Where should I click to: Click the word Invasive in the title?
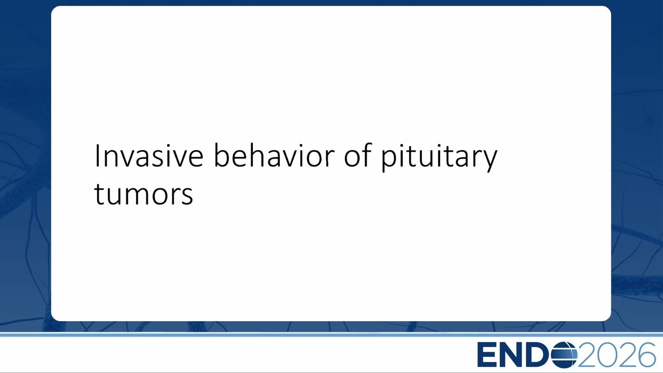[149, 156]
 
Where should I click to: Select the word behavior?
[274, 155]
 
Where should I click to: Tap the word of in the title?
[357, 155]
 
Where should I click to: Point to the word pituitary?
[439, 157]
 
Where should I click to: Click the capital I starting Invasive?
[96, 156]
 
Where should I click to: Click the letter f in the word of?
[367, 155]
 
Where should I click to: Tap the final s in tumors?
[188, 196]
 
